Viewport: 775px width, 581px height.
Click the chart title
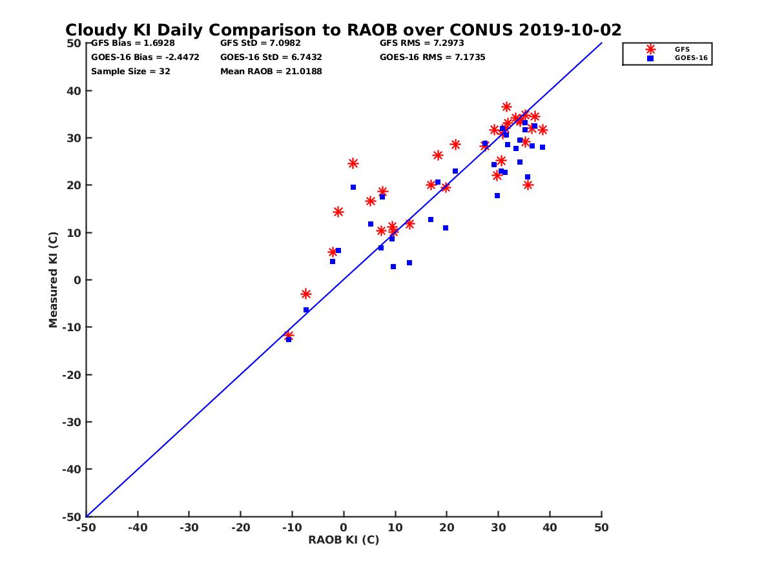pyautogui.click(x=343, y=30)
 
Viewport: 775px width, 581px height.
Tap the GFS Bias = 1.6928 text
pyautogui.click(x=133, y=43)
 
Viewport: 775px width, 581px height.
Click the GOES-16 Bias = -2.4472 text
pyautogui.click(x=145, y=57)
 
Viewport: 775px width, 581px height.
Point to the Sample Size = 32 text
pyautogui.click(x=130, y=72)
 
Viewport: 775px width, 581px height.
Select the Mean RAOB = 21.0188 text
pyautogui.click(x=271, y=72)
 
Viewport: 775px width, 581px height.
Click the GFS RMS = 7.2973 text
pyautogui.click(x=422, y=43)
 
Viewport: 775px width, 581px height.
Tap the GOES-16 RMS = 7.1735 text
pyautogui.click(x=433, y=57)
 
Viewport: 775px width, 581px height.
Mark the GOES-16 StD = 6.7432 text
pyautogui.click(x=271, y=57)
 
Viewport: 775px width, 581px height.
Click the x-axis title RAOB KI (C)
pyautogui.click(x=344, y=540)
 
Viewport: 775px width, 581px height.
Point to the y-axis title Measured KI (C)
pyautogui.click(x=54, y=280)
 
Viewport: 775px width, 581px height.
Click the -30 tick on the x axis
pyautogui.click(x=189, y=527)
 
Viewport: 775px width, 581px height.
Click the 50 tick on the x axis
pyautogui.click(x=601, y=527)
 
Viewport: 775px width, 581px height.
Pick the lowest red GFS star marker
pyautogui.click(x=289, y=336)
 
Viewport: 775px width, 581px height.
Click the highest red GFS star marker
pyautogui.click(x=506, y=107)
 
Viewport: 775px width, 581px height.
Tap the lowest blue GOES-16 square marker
pyautogui.click(x=289, y=340)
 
